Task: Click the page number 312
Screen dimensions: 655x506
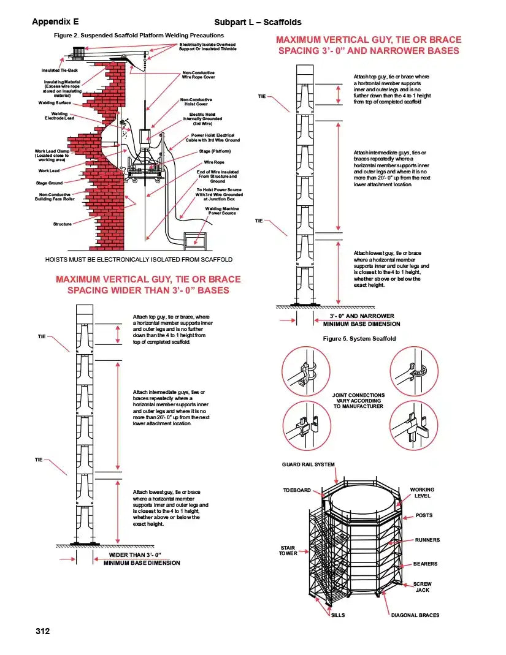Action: click(42, 631)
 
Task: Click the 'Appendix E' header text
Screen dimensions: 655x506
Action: click(55, 22)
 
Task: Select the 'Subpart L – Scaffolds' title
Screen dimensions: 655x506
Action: click(258, 22)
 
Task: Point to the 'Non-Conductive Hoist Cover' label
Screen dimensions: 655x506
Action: click(196, 102)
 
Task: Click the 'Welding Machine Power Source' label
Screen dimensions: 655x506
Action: click(221, 211)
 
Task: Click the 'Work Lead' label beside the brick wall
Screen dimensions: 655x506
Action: click(49, 170)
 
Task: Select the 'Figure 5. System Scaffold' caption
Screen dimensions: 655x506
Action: click(359, 339)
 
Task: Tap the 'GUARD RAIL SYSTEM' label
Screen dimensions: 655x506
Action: click(309, 464)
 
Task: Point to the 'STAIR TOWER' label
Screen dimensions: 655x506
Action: click(288, 550)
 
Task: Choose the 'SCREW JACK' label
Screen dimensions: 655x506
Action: click(422, 587)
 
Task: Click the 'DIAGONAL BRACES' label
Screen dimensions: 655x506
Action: click(415, 615)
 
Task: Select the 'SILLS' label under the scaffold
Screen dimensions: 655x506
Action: click(338, 615)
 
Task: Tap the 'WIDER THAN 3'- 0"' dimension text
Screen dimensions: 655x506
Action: click(130, 555)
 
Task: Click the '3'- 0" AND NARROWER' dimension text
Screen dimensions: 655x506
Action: click(361, 316)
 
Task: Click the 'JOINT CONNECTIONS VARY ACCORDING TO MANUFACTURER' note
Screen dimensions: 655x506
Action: click(358, 401)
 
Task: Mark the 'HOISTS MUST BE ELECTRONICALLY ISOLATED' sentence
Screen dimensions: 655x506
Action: click(139, 259)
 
